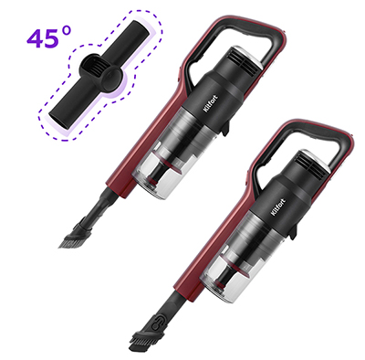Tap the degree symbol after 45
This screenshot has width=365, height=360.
67,31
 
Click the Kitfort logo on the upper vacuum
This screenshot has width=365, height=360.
210,104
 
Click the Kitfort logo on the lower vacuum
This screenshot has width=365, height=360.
278,207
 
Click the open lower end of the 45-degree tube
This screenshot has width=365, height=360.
57,120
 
